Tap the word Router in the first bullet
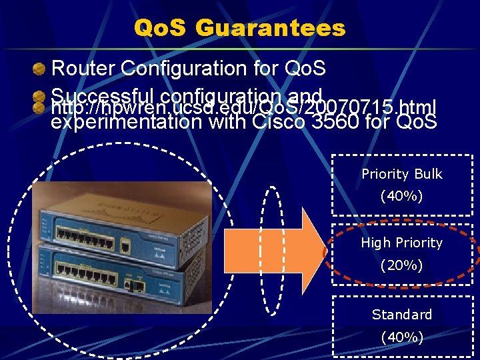[81, 68]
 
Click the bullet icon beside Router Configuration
[41, 68]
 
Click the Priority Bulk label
[401, 174]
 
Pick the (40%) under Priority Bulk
[401, 197]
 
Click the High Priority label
[401, 243]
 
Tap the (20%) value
[401, 265]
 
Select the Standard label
[401, 314]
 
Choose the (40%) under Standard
[401, 337]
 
